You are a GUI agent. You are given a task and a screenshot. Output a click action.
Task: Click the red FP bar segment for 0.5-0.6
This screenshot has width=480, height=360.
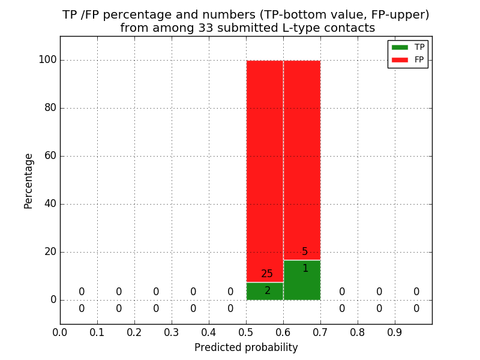[265, 168]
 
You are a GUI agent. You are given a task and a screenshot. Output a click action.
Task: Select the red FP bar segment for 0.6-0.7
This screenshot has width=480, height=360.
[302, 156]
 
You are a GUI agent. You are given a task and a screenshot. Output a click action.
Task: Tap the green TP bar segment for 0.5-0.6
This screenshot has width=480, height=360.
[265, 291]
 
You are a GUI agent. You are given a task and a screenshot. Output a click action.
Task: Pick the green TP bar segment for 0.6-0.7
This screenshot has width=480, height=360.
[302, 280]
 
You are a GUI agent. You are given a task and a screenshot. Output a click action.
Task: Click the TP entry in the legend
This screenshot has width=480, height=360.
[408, 47]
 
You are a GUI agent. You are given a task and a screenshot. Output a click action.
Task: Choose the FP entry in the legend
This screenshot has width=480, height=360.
[408, 59]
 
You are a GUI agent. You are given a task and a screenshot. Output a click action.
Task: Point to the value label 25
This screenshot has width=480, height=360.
[267, 274]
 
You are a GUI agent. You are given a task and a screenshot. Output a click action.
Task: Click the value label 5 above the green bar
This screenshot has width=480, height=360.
[305, 252]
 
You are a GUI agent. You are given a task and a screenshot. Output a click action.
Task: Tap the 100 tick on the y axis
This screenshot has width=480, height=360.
[47, 60]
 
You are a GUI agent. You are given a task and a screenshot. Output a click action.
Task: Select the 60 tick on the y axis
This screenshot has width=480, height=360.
[50, 156]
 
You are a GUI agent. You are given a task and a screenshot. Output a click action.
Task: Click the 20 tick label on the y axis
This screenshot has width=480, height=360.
[50, 252]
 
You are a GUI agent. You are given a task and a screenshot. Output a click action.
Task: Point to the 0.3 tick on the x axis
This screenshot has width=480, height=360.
[172, 332]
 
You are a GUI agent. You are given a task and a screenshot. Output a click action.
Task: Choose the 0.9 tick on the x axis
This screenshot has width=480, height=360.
[395, 332]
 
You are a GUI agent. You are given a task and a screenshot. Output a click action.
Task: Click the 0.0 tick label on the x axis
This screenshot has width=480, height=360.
[60, 332]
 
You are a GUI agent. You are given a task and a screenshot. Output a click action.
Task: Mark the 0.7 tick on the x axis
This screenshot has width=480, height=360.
[320, 332]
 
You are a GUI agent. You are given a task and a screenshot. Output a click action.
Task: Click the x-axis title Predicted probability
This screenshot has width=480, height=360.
[246, 347]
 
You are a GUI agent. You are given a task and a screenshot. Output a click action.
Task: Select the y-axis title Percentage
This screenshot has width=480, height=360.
[29, 181]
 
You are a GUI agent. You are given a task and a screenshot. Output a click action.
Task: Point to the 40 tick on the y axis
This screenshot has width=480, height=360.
[50, 204]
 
